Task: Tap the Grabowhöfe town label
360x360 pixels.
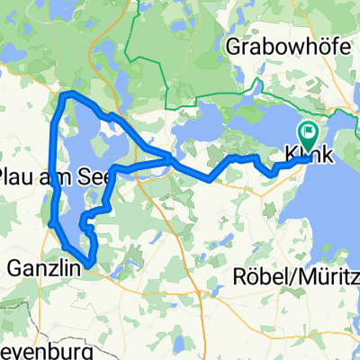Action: click(282, 46)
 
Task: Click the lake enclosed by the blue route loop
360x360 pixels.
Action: click(85, 144)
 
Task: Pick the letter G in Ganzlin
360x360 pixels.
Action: click(14, 266)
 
